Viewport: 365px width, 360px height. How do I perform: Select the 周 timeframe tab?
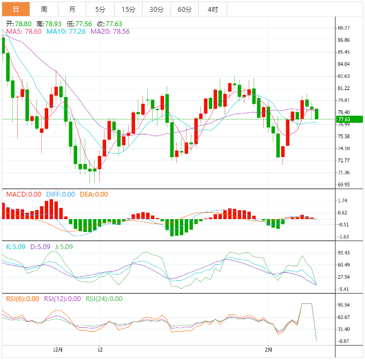click(44, 10)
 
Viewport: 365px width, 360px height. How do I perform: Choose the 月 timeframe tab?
click(72, 10)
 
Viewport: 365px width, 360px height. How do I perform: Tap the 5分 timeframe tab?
click(100, 10)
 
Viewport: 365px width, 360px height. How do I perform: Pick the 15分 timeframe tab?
click(129, 10)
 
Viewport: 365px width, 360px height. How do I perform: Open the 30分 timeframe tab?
click(157, 10)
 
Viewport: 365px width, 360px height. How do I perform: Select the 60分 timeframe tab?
click(184, 10)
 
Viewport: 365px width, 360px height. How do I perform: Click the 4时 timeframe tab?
click(213, 10)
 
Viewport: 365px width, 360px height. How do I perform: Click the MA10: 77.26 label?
click(66, 32)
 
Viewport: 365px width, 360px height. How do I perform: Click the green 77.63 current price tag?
click(344, 119)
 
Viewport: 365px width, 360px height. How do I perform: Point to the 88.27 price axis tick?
click(344, 28)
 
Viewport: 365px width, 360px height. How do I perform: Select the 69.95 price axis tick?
click(344, 185)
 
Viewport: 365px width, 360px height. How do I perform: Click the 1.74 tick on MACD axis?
click(342, 201)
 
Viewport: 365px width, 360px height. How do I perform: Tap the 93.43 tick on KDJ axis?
click(344, 253)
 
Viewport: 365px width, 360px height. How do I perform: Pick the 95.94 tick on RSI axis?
click(344, 305)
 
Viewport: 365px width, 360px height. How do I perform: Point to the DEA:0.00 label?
click(94, 194)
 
